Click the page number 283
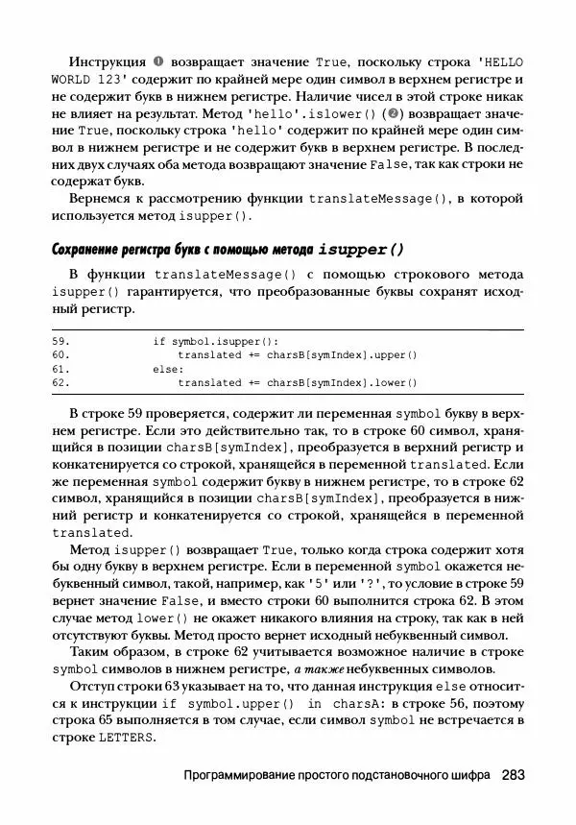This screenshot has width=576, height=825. [x=512, y=774]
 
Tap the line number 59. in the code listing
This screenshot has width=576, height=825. [x=60, y=341]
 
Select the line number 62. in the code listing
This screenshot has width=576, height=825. [x=60, y=382]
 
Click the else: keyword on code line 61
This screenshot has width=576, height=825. [x=169, y=369]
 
